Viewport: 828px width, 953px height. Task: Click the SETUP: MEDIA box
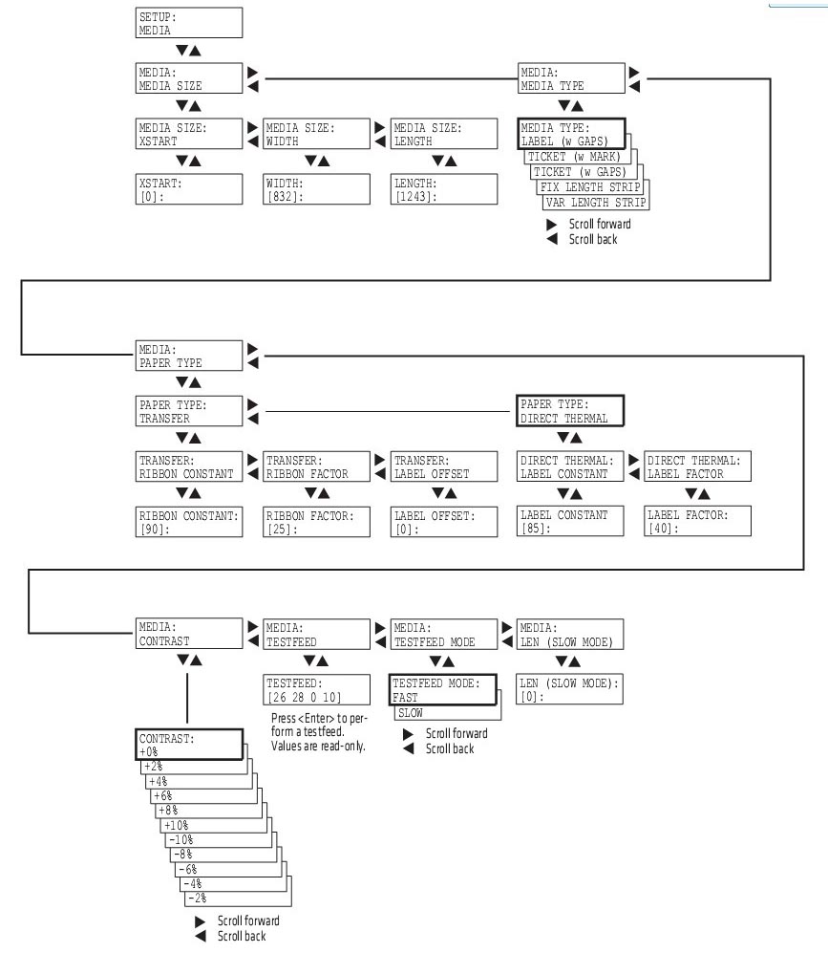(x=176, y=23)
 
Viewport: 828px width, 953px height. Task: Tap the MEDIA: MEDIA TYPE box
(x=571, y=78)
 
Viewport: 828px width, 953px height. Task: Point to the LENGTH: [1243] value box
(x=444, y=188)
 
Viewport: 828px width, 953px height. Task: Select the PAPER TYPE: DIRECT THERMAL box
(x=569, y=410)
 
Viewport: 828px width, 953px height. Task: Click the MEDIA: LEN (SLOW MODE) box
(x=571, y=633)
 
